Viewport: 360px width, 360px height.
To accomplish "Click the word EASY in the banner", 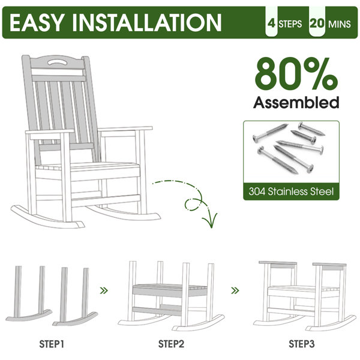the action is point(36,22).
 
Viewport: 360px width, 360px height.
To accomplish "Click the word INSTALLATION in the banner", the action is point(146,22).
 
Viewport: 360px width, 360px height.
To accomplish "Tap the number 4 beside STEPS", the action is point(272,23).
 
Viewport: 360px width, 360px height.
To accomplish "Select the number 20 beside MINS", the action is point(317,23).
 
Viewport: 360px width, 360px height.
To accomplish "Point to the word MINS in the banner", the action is point(340,24).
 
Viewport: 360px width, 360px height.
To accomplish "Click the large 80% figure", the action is point(296,74).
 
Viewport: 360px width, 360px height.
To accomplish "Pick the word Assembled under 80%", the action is point(296,102).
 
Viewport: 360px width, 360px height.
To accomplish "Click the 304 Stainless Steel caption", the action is point(291,191).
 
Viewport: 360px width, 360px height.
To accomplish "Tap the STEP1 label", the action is point(52,344).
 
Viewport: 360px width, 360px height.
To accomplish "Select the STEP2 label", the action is point(171,344).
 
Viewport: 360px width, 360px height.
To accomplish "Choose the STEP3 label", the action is point(302,344).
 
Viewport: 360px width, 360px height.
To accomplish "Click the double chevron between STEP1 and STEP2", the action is point(104,290).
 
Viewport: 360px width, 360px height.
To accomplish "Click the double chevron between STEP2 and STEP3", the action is point(235,290).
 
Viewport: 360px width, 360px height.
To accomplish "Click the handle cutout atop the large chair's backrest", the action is point(56,62).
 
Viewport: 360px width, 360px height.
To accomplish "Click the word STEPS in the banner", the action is point(290,24).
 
